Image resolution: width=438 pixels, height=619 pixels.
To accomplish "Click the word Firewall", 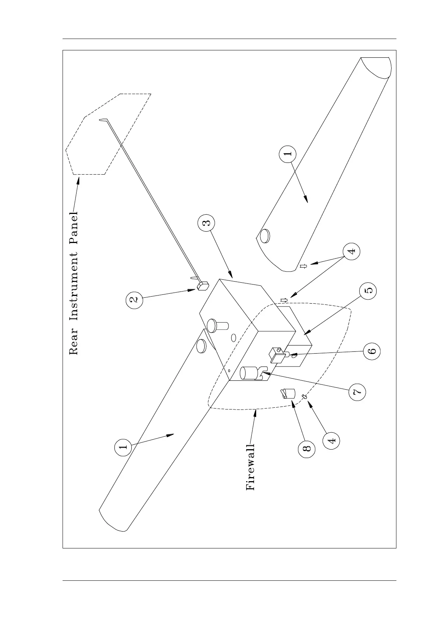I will click(250, 467).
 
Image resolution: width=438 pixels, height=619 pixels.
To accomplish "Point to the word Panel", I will click(74, 230).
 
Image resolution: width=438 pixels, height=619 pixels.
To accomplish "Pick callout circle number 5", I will click(369, 290).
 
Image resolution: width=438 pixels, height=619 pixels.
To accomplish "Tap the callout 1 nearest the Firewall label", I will click(124, 447).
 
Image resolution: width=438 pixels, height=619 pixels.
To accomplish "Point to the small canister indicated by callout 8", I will click(288, 394).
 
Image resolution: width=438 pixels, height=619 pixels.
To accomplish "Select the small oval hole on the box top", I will click(233, 337).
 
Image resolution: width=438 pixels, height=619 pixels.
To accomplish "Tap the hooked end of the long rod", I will click(102, 119).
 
